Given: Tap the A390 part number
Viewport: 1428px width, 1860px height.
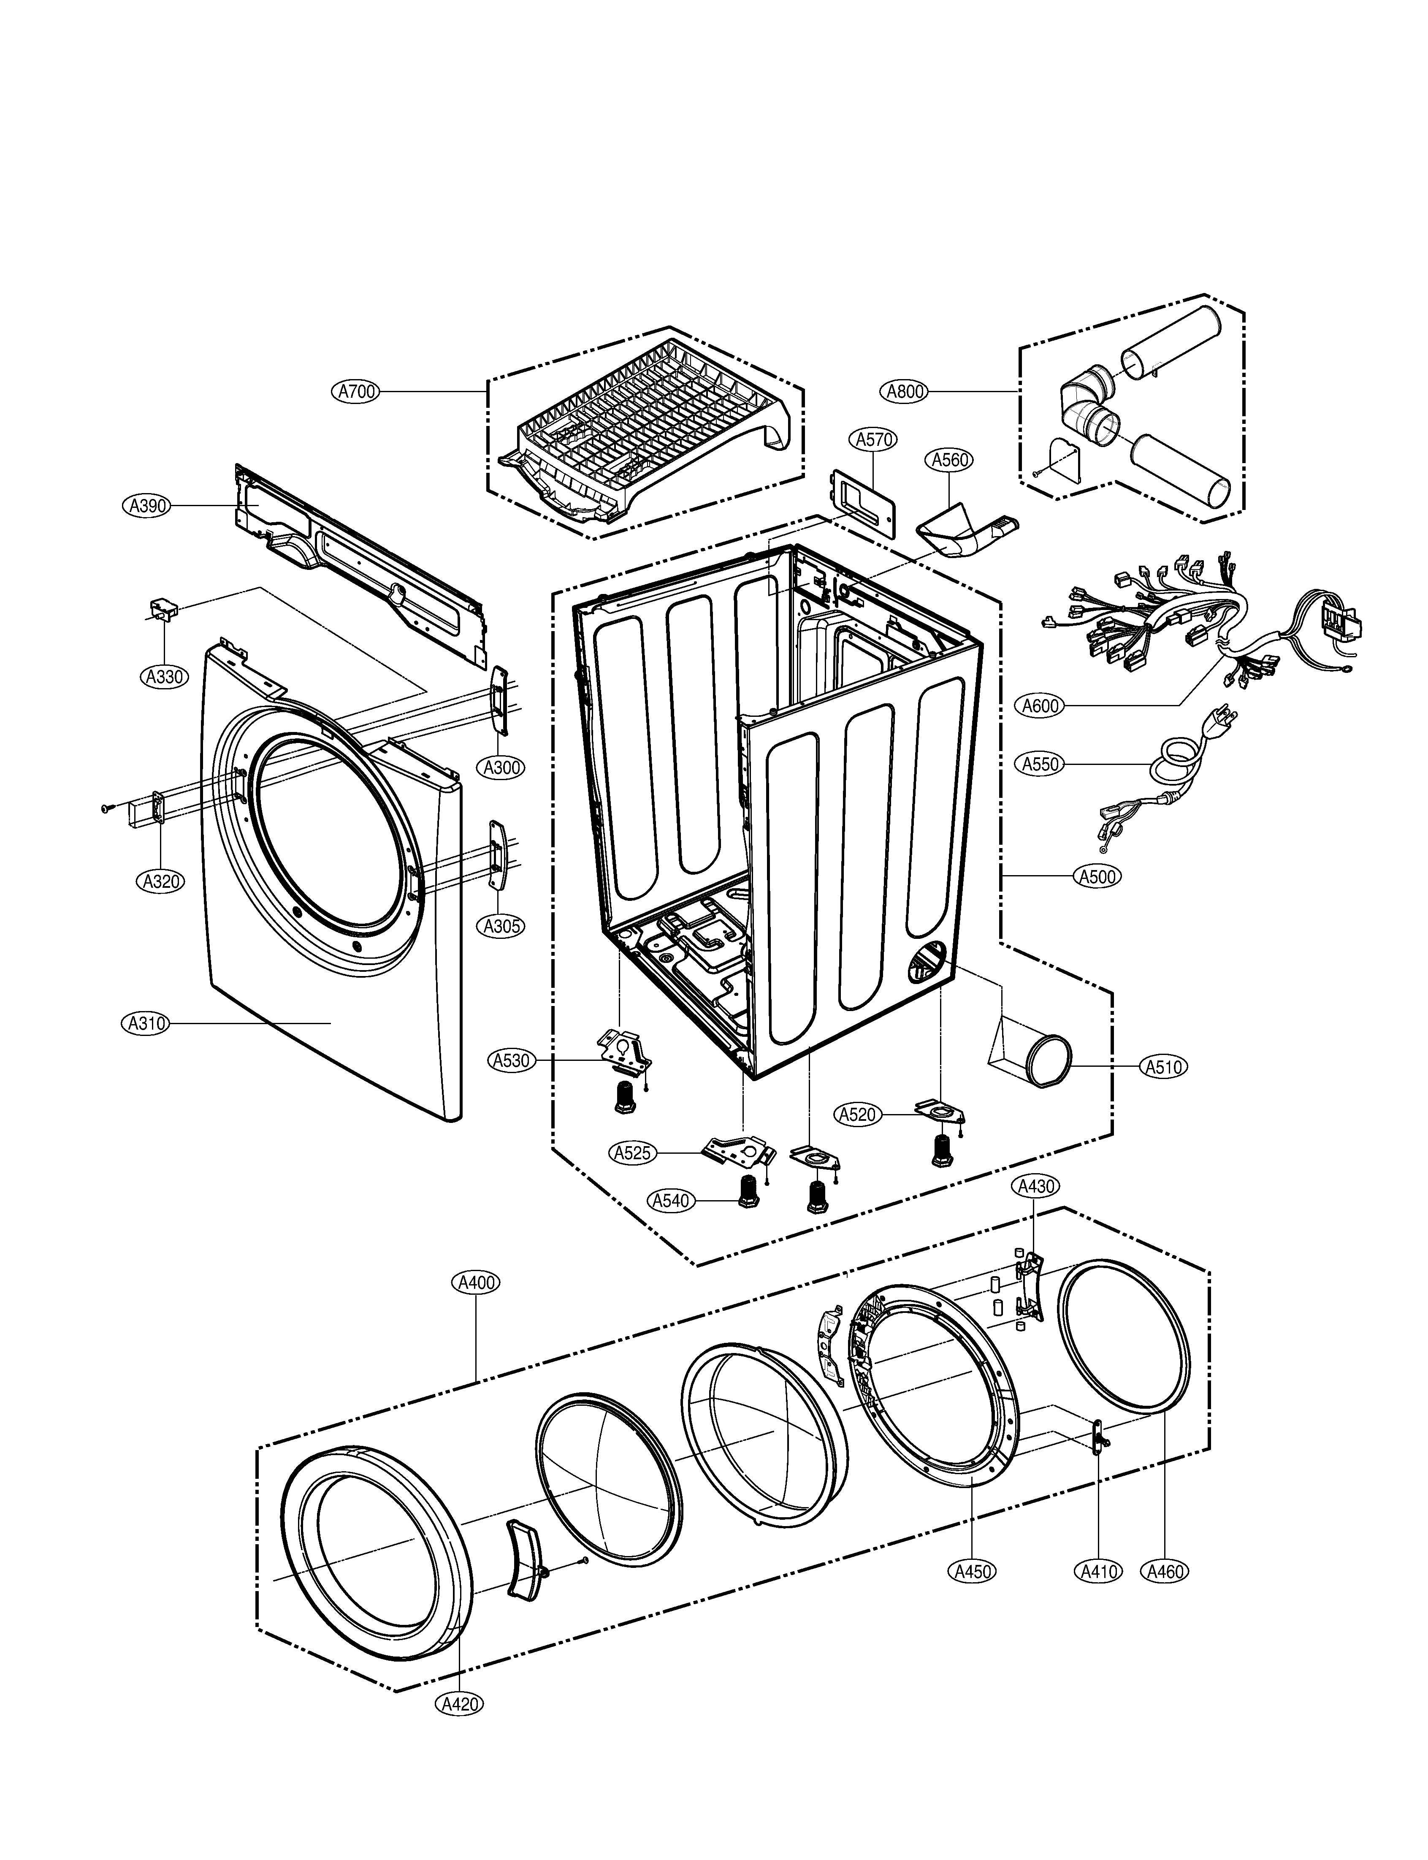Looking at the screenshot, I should [146, 506].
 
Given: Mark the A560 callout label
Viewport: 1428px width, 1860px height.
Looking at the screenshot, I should [949, 460].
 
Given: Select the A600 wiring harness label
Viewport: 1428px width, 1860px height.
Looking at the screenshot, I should [1041, 705].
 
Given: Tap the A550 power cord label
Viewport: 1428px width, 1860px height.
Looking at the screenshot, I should [1041, 764].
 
